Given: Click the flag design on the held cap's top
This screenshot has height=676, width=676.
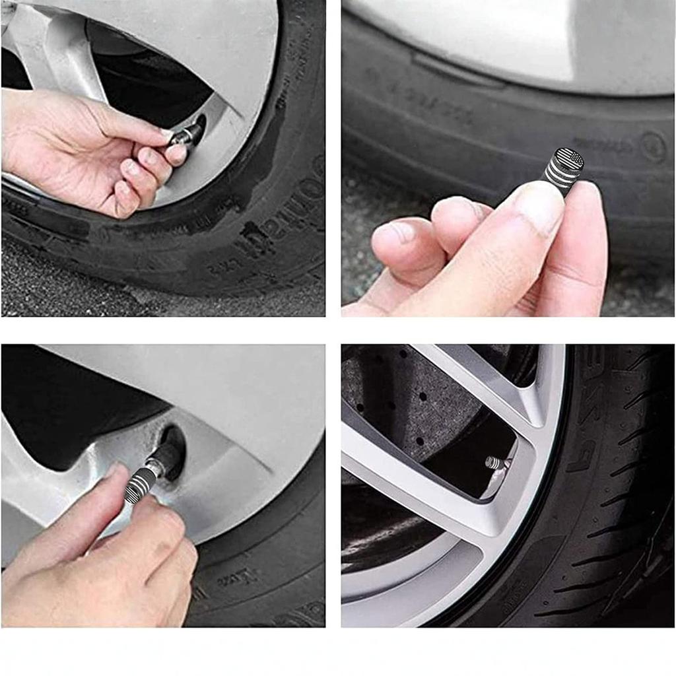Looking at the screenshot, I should coord(571,159).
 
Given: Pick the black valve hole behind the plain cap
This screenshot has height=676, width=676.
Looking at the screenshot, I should coord(198,126).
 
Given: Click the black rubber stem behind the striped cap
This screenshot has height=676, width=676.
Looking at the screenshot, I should coord(170,456).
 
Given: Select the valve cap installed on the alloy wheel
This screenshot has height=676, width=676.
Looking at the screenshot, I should coord(493,462).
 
